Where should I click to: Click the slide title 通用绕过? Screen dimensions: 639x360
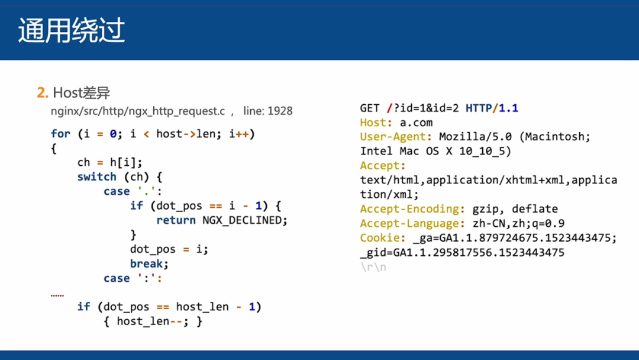[71, 31]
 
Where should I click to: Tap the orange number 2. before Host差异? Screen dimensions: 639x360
[42, 93]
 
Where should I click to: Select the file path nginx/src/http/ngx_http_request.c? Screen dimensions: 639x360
[138, 111]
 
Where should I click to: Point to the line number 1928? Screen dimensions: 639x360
[280, 111]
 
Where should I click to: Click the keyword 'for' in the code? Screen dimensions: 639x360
[60, 134]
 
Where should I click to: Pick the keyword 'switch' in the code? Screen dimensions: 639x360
[96, 177]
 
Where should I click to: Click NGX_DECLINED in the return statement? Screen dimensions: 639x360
[245, 220]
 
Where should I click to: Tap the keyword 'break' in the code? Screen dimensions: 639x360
[148, 263]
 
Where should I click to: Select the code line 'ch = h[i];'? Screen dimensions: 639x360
[110, 162]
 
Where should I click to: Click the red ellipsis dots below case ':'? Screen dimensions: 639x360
[57, 294]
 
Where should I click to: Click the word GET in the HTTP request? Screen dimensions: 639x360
[370, 108]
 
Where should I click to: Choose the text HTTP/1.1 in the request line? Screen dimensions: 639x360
[492, 108]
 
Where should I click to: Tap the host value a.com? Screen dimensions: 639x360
[416, 123]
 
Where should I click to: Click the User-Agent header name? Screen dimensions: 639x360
[396, 137]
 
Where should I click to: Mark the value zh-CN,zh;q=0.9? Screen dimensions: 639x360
[518, 223]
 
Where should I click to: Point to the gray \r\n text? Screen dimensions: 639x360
[373, 267]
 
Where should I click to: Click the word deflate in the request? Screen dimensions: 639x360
[535, 209]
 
